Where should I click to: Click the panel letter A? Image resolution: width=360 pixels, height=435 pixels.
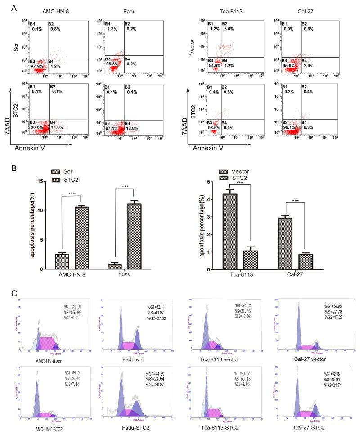click(x=17, y=8)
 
